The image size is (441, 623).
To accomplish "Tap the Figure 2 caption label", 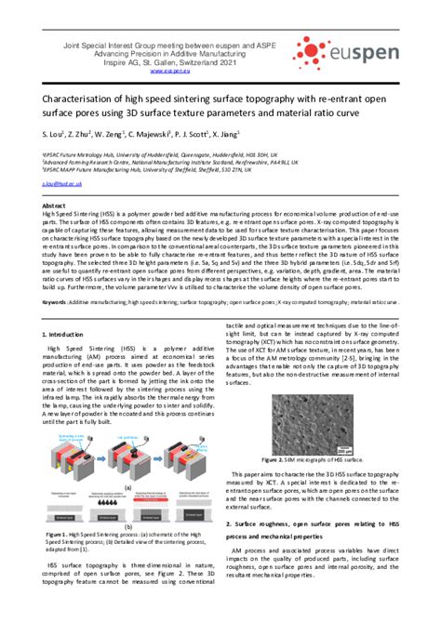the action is (281, 458).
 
